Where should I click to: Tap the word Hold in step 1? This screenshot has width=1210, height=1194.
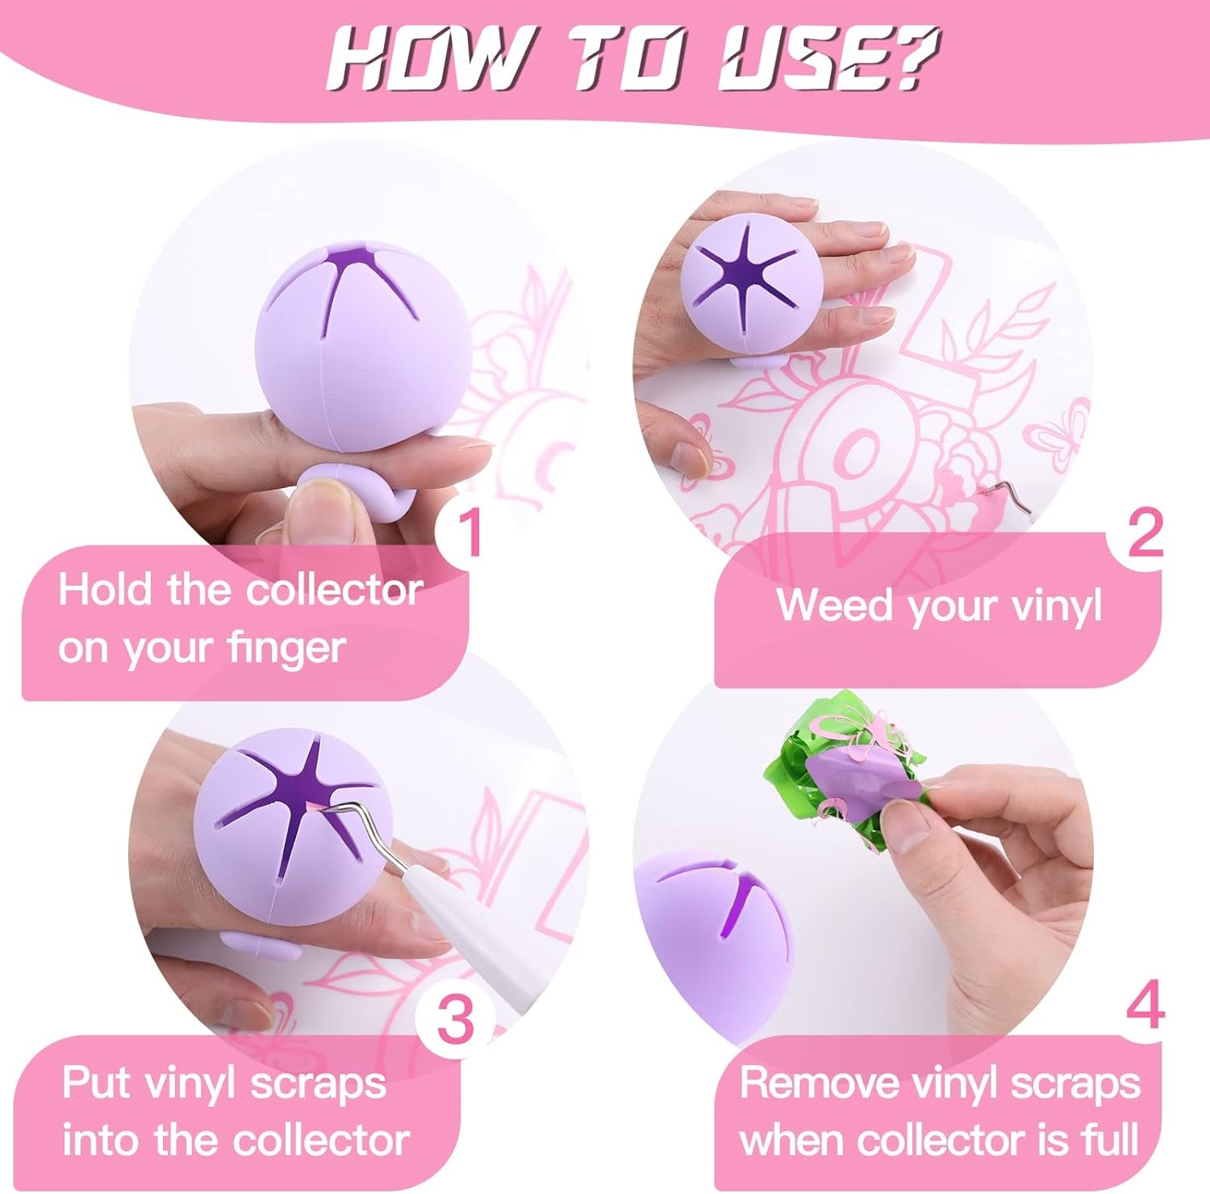coord(105,590)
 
